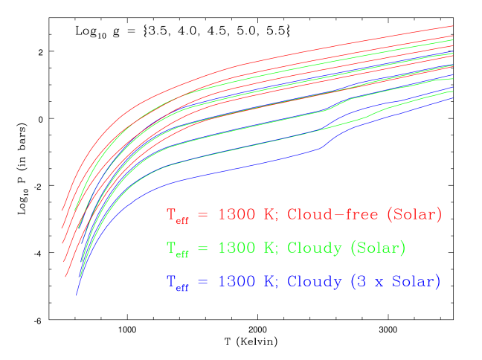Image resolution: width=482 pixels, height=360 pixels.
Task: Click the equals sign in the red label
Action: [204, 216]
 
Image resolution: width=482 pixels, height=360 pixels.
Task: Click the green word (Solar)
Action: [378, 248]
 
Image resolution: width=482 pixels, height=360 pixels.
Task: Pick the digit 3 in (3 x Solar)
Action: [361, 282]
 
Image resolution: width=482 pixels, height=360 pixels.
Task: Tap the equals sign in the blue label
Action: [204, 283]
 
